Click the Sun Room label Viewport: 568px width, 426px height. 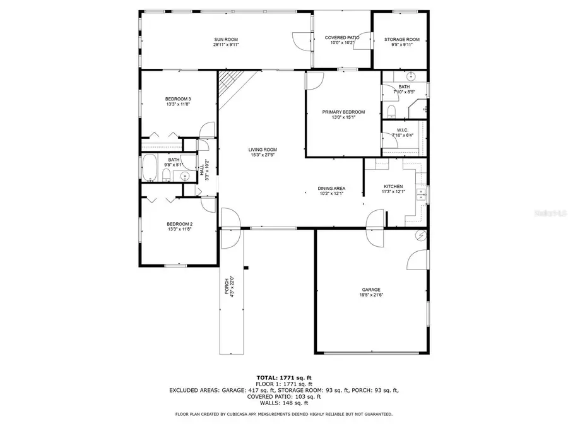tap(225, 40)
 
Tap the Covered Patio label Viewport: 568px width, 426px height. tap(342, 38)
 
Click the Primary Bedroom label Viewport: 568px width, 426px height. tap(343, 112)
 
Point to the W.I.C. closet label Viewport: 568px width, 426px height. tap(404, 130)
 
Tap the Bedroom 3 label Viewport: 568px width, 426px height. tap(178, 99)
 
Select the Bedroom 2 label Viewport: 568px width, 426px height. tap(179, 224)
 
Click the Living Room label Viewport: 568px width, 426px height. tap(262, 150)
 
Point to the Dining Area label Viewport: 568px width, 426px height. tap(331, 188)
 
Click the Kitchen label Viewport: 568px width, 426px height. tap(393, 187)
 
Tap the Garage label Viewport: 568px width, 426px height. tap(370, 290)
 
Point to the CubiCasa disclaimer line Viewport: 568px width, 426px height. tap(283, 414)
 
